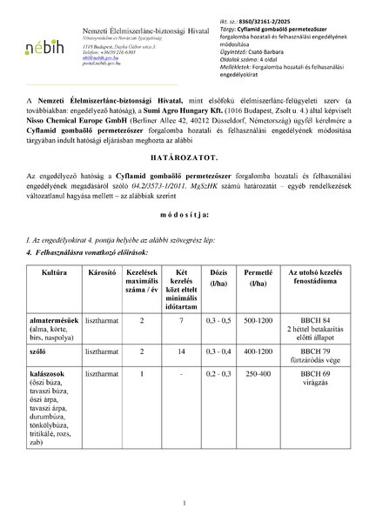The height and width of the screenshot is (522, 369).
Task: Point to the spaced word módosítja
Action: click(x=184, y=237)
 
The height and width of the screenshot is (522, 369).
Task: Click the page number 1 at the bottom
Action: click(x=184, y=504)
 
